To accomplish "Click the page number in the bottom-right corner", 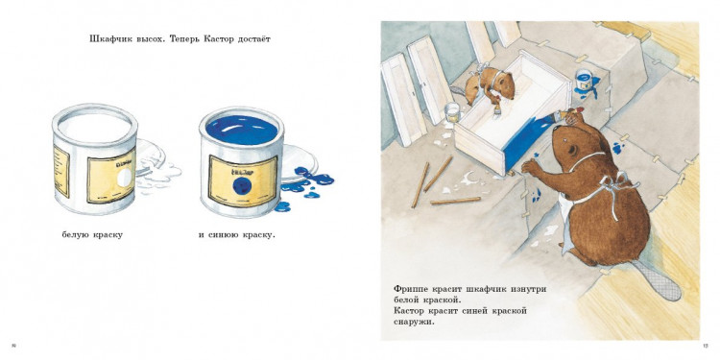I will click(706, 347).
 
